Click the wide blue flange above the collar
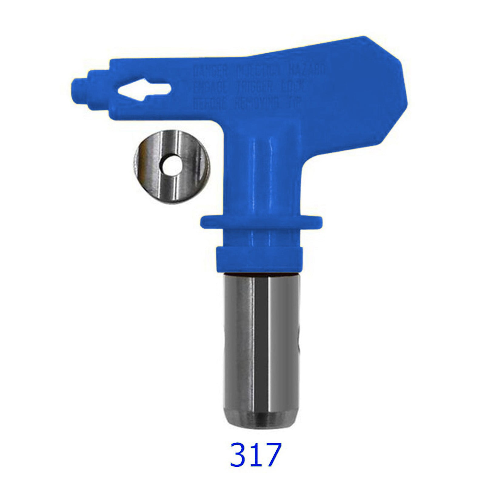pos(261,222)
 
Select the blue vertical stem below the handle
pos(267,176)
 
